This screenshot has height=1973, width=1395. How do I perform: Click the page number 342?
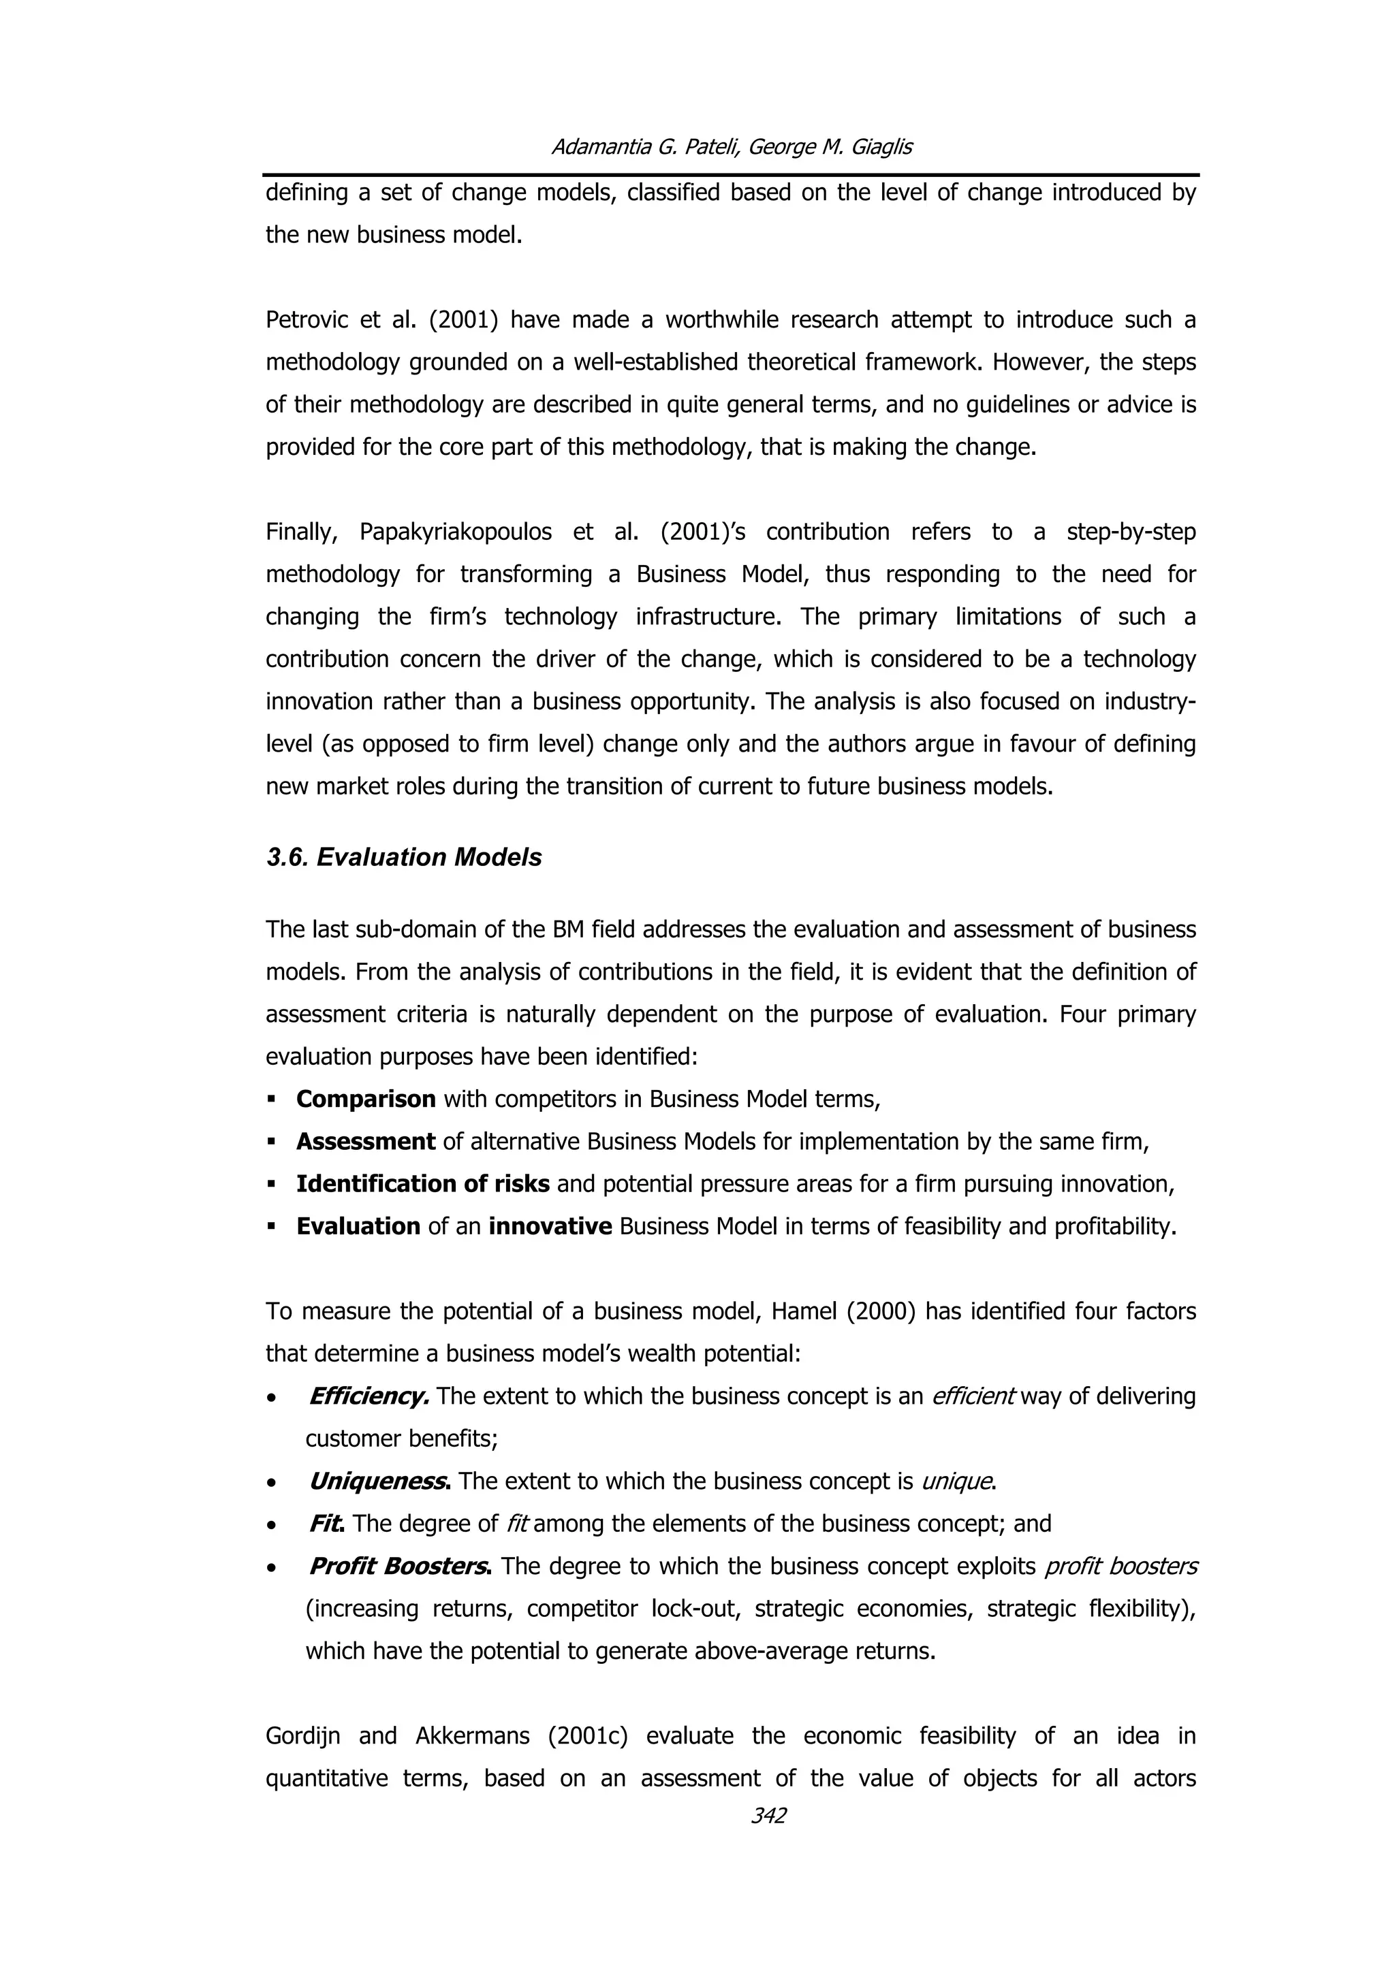coord(768,1815)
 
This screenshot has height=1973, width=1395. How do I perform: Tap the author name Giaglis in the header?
coord(880,147)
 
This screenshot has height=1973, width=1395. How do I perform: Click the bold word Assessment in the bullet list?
coord(365,1141)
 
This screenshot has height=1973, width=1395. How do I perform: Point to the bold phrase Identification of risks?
coord(422,1183)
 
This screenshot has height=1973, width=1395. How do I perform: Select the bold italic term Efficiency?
coord(368,1396)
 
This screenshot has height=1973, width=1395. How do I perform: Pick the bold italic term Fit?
coord(326,1524)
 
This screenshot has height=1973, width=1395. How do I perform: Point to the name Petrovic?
coord(308,320)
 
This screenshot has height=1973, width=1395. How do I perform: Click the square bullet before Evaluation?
coord(272,1226)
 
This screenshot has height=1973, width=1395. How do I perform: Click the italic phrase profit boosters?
coord(1120,1566)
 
